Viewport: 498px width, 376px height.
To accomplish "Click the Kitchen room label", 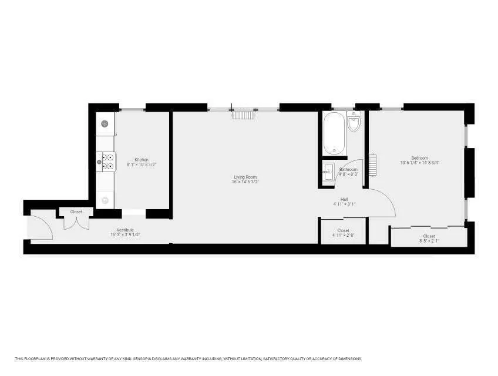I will coord(141,160).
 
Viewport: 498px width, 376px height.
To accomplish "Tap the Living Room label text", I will coord(245,177).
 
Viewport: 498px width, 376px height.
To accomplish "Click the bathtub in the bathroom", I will coord(334,133).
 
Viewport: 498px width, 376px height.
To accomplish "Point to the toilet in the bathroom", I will coord(354,123).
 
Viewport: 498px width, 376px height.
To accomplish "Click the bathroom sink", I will coord(328,173).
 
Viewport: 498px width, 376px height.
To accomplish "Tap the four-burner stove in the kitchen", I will coord(107,161).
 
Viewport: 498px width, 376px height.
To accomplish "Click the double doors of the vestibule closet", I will coord(76,222).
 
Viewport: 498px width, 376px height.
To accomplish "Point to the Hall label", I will coord(344,199).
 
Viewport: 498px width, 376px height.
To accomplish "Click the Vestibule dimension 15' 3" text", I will coord(125,234).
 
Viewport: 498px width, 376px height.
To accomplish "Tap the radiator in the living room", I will coord(243,114).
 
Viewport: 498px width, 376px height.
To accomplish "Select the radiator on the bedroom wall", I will coord(371,162).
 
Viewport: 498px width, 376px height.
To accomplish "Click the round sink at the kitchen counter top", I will coord(105,123).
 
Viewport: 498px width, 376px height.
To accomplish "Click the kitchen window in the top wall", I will coord(132,108).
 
